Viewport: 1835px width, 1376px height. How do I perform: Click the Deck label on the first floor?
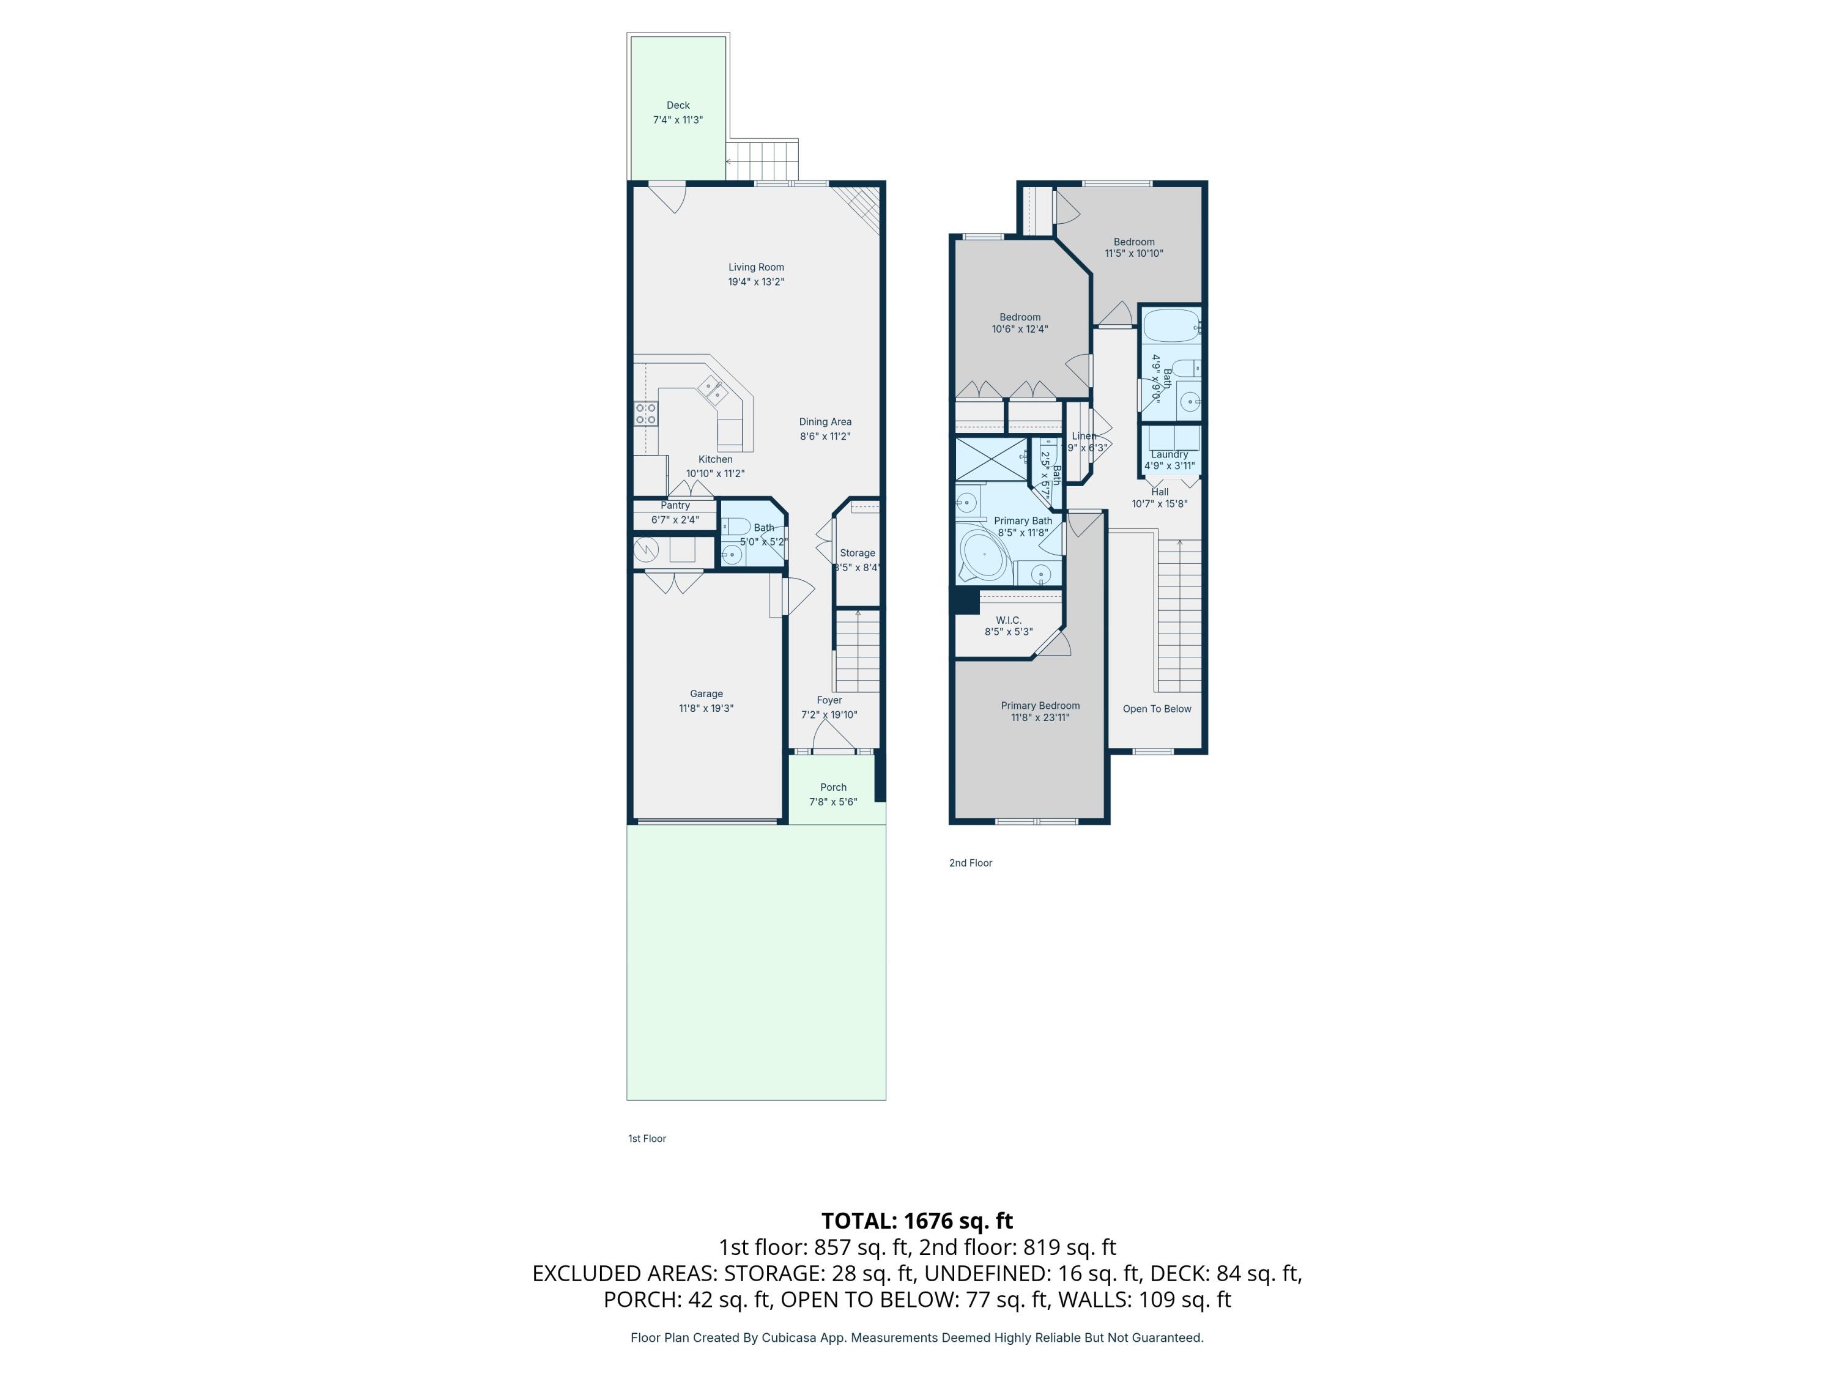(678, 105)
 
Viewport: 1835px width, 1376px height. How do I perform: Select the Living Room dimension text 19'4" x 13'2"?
(756, 282)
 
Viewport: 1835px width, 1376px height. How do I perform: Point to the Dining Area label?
(825, 421)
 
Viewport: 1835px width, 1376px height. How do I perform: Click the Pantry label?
(675, 505)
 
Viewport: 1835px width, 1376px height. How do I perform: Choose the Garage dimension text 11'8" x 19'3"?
(706, 708)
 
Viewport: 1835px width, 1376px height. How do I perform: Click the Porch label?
(833, 787)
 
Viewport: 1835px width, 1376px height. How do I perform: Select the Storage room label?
(857, 552)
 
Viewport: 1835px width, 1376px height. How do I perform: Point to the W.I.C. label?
(1008, 620)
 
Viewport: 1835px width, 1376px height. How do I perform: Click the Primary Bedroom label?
(1039, 706)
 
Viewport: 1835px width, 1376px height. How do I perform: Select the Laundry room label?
(1169, 454)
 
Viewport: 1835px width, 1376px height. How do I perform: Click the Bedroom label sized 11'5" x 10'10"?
(1133, 242)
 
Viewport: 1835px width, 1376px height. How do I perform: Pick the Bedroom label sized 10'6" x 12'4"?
(1020, 317)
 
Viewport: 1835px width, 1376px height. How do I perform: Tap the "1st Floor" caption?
(647, 1138)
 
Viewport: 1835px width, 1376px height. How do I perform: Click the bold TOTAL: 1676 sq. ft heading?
(917, 1221)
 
